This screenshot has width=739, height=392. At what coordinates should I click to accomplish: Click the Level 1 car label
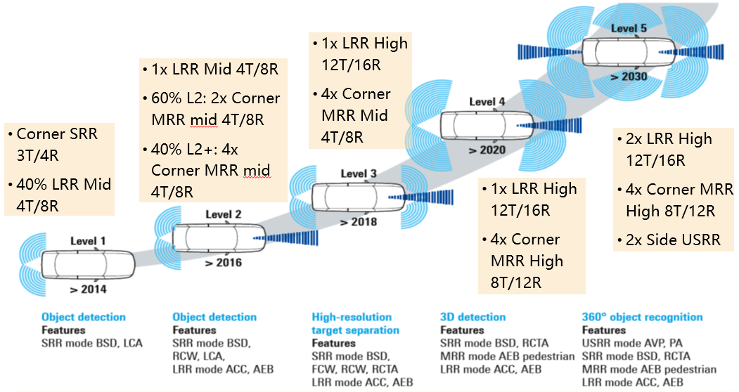point(88,241)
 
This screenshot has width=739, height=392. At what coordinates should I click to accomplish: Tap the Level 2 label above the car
point(223,215)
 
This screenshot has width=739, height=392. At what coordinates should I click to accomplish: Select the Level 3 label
point(359,174)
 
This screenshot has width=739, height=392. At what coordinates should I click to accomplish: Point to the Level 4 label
point(487,102)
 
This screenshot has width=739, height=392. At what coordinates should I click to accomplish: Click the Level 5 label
point(629,28)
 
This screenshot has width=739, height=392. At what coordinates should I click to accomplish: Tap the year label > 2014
point(88,289)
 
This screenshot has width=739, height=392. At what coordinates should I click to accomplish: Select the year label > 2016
point(224,263)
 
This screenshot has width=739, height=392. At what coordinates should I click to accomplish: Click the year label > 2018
point(359,221)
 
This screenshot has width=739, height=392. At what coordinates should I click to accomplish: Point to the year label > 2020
point(487,150)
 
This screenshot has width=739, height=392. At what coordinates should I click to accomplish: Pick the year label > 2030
point(629,77)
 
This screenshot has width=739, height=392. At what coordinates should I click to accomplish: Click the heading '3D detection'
point(473,317)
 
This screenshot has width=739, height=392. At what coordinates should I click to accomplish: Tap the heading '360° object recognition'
point(643,317)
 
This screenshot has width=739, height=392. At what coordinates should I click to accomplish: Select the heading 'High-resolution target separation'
point(355,324)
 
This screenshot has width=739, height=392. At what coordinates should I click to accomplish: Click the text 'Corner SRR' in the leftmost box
point(57,133)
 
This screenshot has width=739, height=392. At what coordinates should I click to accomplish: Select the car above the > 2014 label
point(88,264)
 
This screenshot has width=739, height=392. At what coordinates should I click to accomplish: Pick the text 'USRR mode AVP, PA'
point(632,343)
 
